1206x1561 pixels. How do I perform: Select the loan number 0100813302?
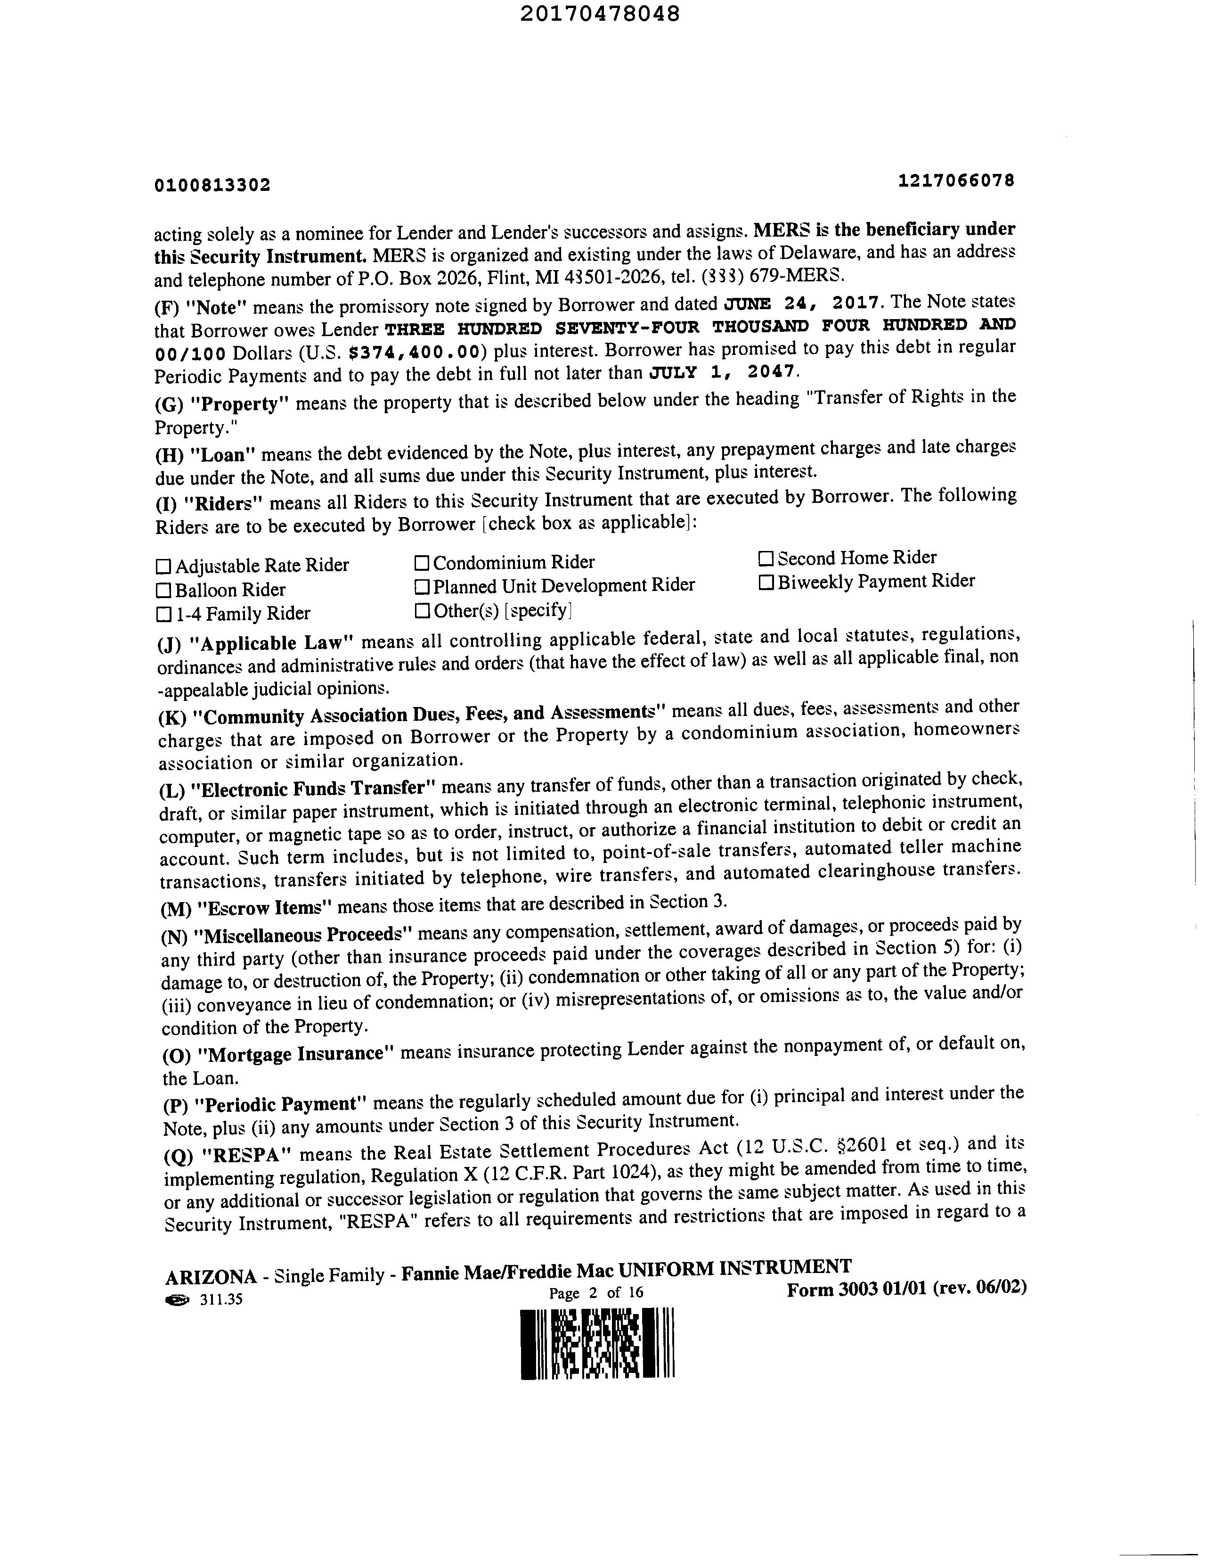click(212, 186)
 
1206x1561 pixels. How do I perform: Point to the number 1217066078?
click(956, 181)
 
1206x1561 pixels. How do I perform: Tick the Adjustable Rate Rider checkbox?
click(163, 567)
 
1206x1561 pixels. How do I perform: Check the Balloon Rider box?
click(163, 591)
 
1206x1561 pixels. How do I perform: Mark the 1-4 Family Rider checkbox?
click(163, 614)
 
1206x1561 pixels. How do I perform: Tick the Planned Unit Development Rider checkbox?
click(422, 587)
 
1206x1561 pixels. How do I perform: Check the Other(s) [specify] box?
click(422, 611)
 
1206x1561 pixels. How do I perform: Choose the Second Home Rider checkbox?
click(766, 558)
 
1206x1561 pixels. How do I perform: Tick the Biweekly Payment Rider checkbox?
click(766, 583)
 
